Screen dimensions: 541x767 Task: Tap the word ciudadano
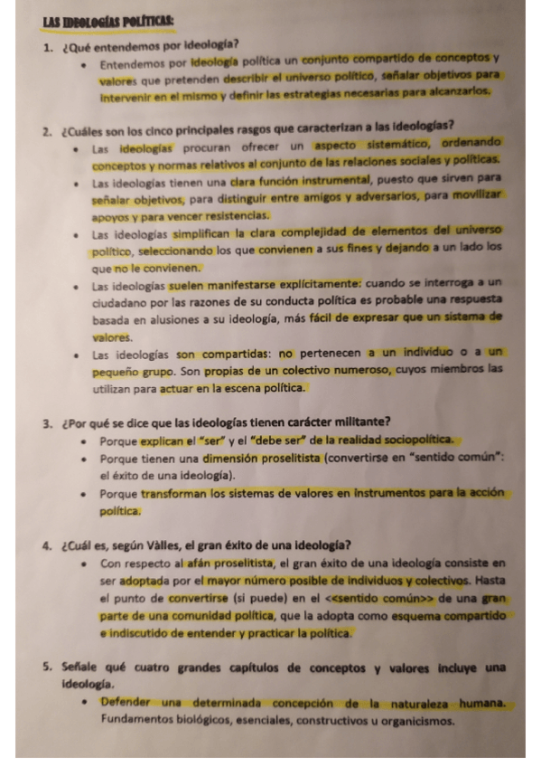[x=122, y=301]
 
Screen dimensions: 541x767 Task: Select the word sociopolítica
[x=408, y=441]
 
